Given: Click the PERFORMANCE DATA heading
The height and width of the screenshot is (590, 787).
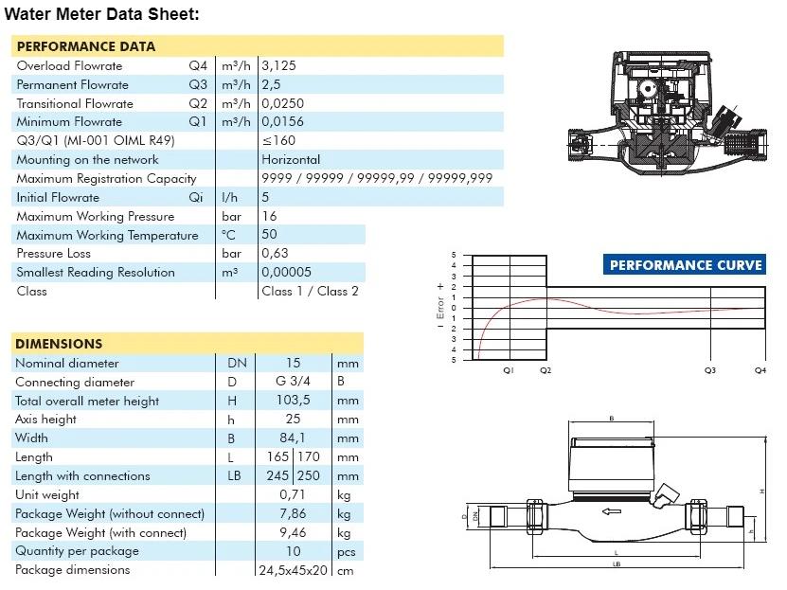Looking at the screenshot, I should [85, 46].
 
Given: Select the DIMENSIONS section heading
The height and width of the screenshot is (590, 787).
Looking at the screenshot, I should [59, 344].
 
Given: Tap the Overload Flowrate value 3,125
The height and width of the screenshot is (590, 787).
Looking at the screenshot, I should [280, 66].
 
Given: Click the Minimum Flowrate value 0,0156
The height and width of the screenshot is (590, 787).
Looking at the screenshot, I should [283, 122].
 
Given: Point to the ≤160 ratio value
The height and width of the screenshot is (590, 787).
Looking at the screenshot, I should [278, 141].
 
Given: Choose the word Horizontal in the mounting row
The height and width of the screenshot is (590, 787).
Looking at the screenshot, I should [291, 160].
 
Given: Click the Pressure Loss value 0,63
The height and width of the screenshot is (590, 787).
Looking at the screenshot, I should [276, 254].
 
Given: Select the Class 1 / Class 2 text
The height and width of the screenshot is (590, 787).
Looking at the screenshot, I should [310, 292].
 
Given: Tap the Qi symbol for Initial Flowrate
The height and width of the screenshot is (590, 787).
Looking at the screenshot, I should [196, 198].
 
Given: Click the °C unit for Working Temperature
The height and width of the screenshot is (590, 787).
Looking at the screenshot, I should [228, 235].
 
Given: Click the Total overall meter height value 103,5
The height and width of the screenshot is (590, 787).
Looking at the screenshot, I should [295, 401].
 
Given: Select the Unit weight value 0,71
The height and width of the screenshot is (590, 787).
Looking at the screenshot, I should [295, 494].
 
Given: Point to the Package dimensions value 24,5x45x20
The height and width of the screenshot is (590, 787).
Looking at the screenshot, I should [293, 570].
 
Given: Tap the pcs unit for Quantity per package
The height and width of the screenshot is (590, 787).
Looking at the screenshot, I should [347, 551].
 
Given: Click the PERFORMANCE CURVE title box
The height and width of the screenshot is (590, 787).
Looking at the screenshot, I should [684, 265].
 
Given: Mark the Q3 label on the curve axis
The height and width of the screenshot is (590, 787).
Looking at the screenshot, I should [710, 370].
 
